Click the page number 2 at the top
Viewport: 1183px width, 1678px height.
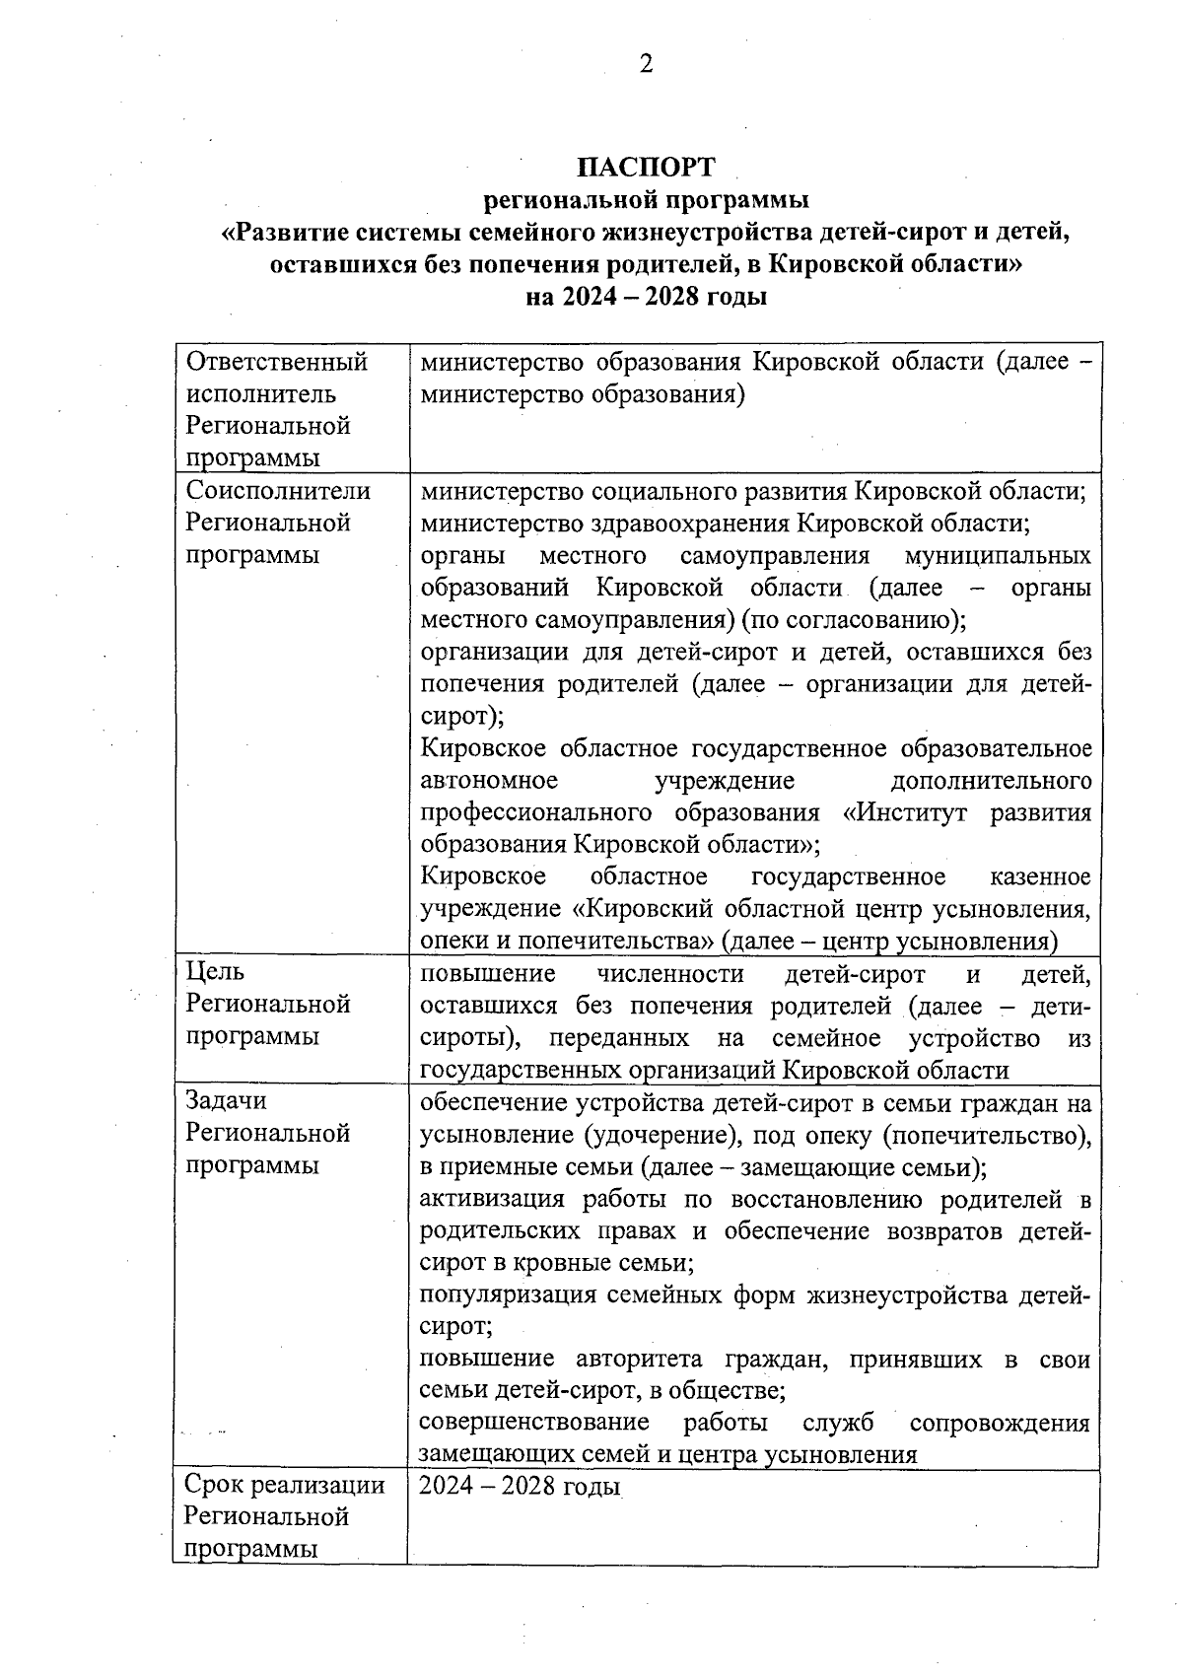point(646,65)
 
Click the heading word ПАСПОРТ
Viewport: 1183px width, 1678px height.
point(646,166)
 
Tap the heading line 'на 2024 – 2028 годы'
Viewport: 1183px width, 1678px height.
point(646,296)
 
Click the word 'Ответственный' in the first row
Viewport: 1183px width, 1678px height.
point(277,362)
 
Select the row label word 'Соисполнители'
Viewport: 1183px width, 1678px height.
point(278,490)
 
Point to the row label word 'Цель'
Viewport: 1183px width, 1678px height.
point(215,972)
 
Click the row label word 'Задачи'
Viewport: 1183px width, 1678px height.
point(226,1100)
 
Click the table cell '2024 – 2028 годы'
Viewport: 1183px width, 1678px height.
point(520,1486)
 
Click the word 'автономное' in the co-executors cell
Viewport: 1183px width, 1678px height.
point(489,781)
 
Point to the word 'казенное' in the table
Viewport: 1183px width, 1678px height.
point(1040,876)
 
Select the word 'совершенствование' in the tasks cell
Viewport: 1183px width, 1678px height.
point(534,1423)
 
